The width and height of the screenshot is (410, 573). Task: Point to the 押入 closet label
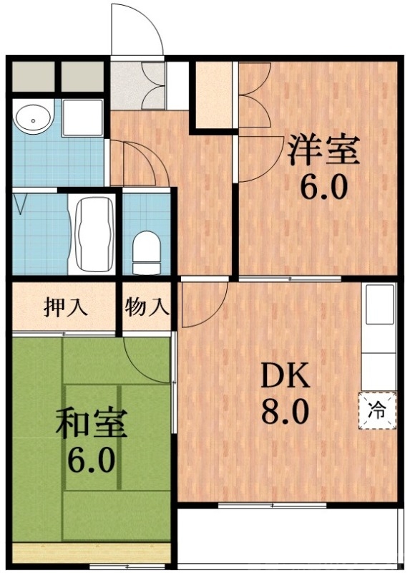(66, 307)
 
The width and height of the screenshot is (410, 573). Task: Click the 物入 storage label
(147, 307)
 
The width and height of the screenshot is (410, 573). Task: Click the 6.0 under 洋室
(323, 188)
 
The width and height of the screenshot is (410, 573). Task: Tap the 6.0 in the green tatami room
(91, 460)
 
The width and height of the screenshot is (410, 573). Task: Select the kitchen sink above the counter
(379, 305)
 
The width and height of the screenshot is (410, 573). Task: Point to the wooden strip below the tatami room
(92, 552)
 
